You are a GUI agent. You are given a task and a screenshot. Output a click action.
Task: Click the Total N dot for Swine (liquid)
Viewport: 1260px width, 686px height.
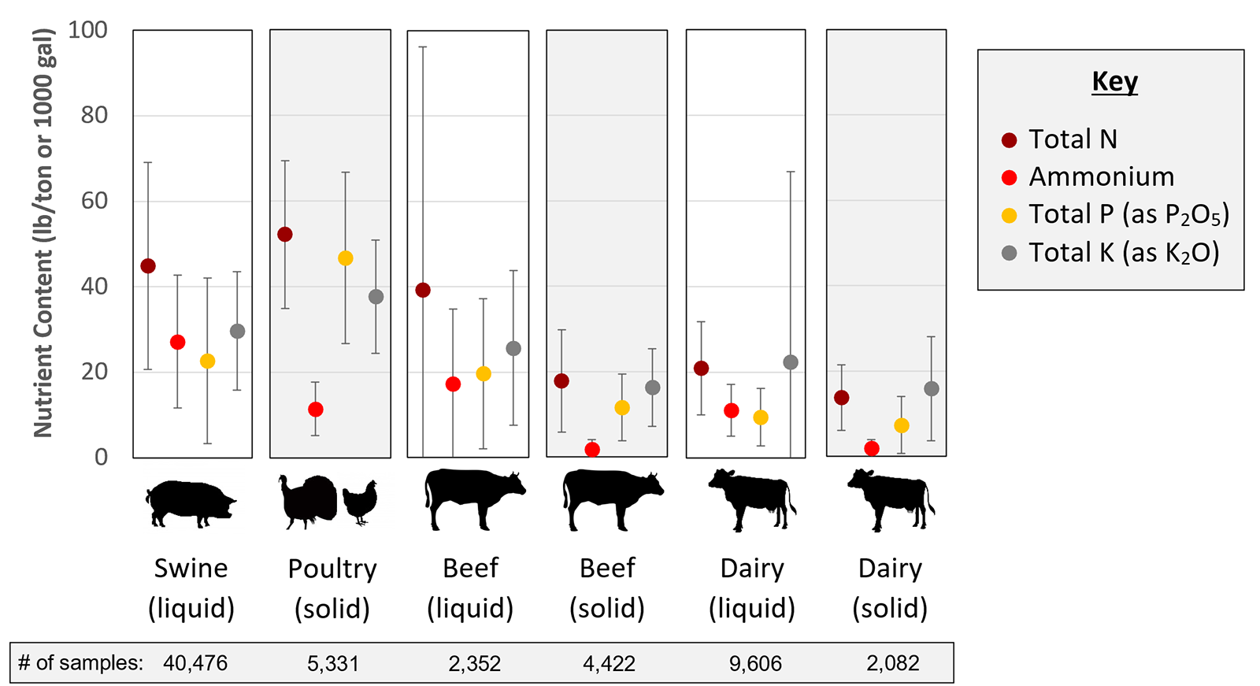[x=148, y=266]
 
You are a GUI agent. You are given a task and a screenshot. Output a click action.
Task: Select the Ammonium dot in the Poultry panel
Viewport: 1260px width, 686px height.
[x=316, y=410]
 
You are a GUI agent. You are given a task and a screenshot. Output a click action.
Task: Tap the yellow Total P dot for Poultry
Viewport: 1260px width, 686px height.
[x=346, y=258]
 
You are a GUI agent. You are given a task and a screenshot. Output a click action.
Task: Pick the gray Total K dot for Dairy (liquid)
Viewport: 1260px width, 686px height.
[x=791, y=362]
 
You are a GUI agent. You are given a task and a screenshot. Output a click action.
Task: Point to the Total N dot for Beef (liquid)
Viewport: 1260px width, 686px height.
[x=423, y=291]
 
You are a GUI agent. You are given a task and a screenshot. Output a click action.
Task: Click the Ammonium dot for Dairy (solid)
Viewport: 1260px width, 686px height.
[x=872, y=449]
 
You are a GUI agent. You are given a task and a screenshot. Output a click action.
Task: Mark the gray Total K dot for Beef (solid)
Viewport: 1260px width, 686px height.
[x=653, y=387]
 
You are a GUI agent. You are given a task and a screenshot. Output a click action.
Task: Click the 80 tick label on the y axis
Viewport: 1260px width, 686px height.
[x=94, y=115]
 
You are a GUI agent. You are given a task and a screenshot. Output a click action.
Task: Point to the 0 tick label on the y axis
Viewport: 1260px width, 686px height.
[x=101, y=457]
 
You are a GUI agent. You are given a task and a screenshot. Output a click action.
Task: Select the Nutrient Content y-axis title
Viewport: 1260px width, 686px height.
[x=44, y=233]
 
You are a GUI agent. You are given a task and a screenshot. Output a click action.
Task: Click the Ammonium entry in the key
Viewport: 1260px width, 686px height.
[x=1101, y=176]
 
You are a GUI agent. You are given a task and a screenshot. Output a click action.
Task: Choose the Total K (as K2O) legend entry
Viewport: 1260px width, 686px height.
[x=1124, y=253]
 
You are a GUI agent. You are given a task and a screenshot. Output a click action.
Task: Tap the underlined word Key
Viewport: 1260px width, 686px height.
[x=1114, y=82]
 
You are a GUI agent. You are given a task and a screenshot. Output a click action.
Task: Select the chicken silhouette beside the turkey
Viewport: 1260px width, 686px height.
[x=361, y=501]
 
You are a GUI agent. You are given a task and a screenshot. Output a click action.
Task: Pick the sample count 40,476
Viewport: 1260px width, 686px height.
[x=195, y=663]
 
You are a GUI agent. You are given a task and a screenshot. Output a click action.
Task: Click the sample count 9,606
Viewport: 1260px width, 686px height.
[x=755, y=664]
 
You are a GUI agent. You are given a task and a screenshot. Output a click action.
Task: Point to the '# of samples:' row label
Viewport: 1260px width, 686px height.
[x=80, y=663]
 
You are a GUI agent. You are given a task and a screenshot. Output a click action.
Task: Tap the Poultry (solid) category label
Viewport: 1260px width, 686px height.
[x=332, y=588]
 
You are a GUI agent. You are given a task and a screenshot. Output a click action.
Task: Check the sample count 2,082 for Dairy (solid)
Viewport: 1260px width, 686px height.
[x=893, y=664]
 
